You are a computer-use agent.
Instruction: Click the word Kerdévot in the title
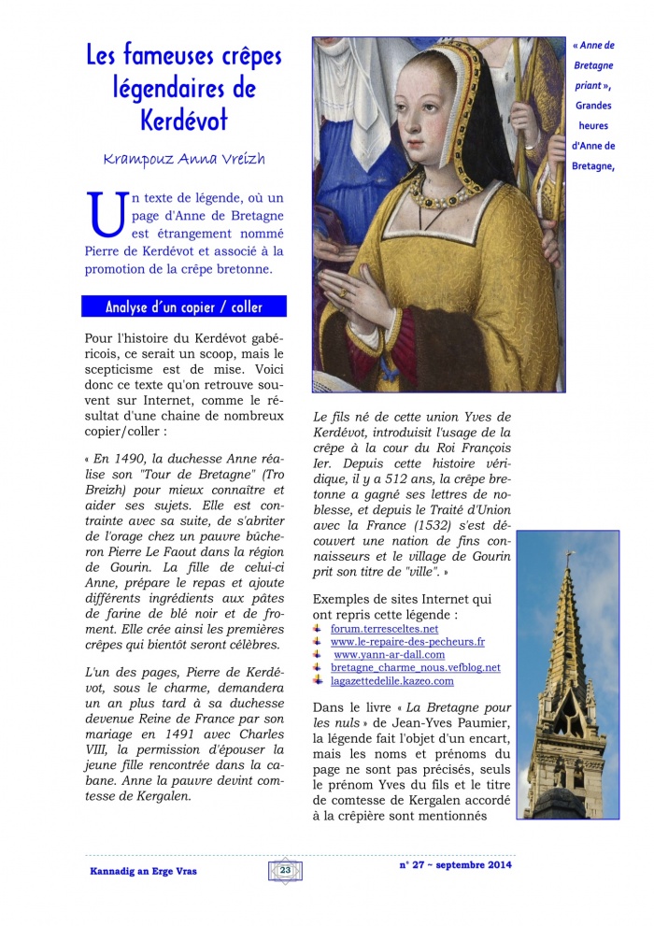184,121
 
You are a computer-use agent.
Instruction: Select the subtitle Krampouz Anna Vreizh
184,159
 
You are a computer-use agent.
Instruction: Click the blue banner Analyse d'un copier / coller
184,307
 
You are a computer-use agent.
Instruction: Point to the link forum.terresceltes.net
384,629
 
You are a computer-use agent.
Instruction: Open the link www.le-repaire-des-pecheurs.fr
407,642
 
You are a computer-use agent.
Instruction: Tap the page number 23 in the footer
285,870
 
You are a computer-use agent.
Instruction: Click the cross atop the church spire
568,558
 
